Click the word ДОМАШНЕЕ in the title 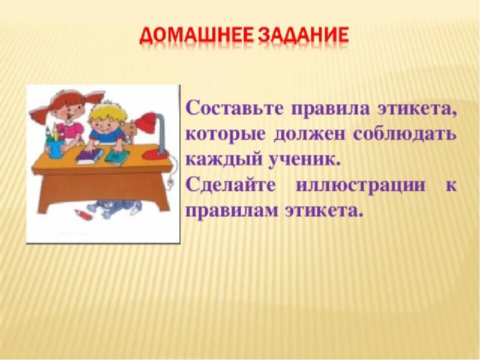(x=196, y=36)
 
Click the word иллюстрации (x=360, y=185)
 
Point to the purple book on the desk (x=89, y=156)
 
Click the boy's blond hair (x=108, y=112)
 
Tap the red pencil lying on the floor (x=82, y=213)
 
